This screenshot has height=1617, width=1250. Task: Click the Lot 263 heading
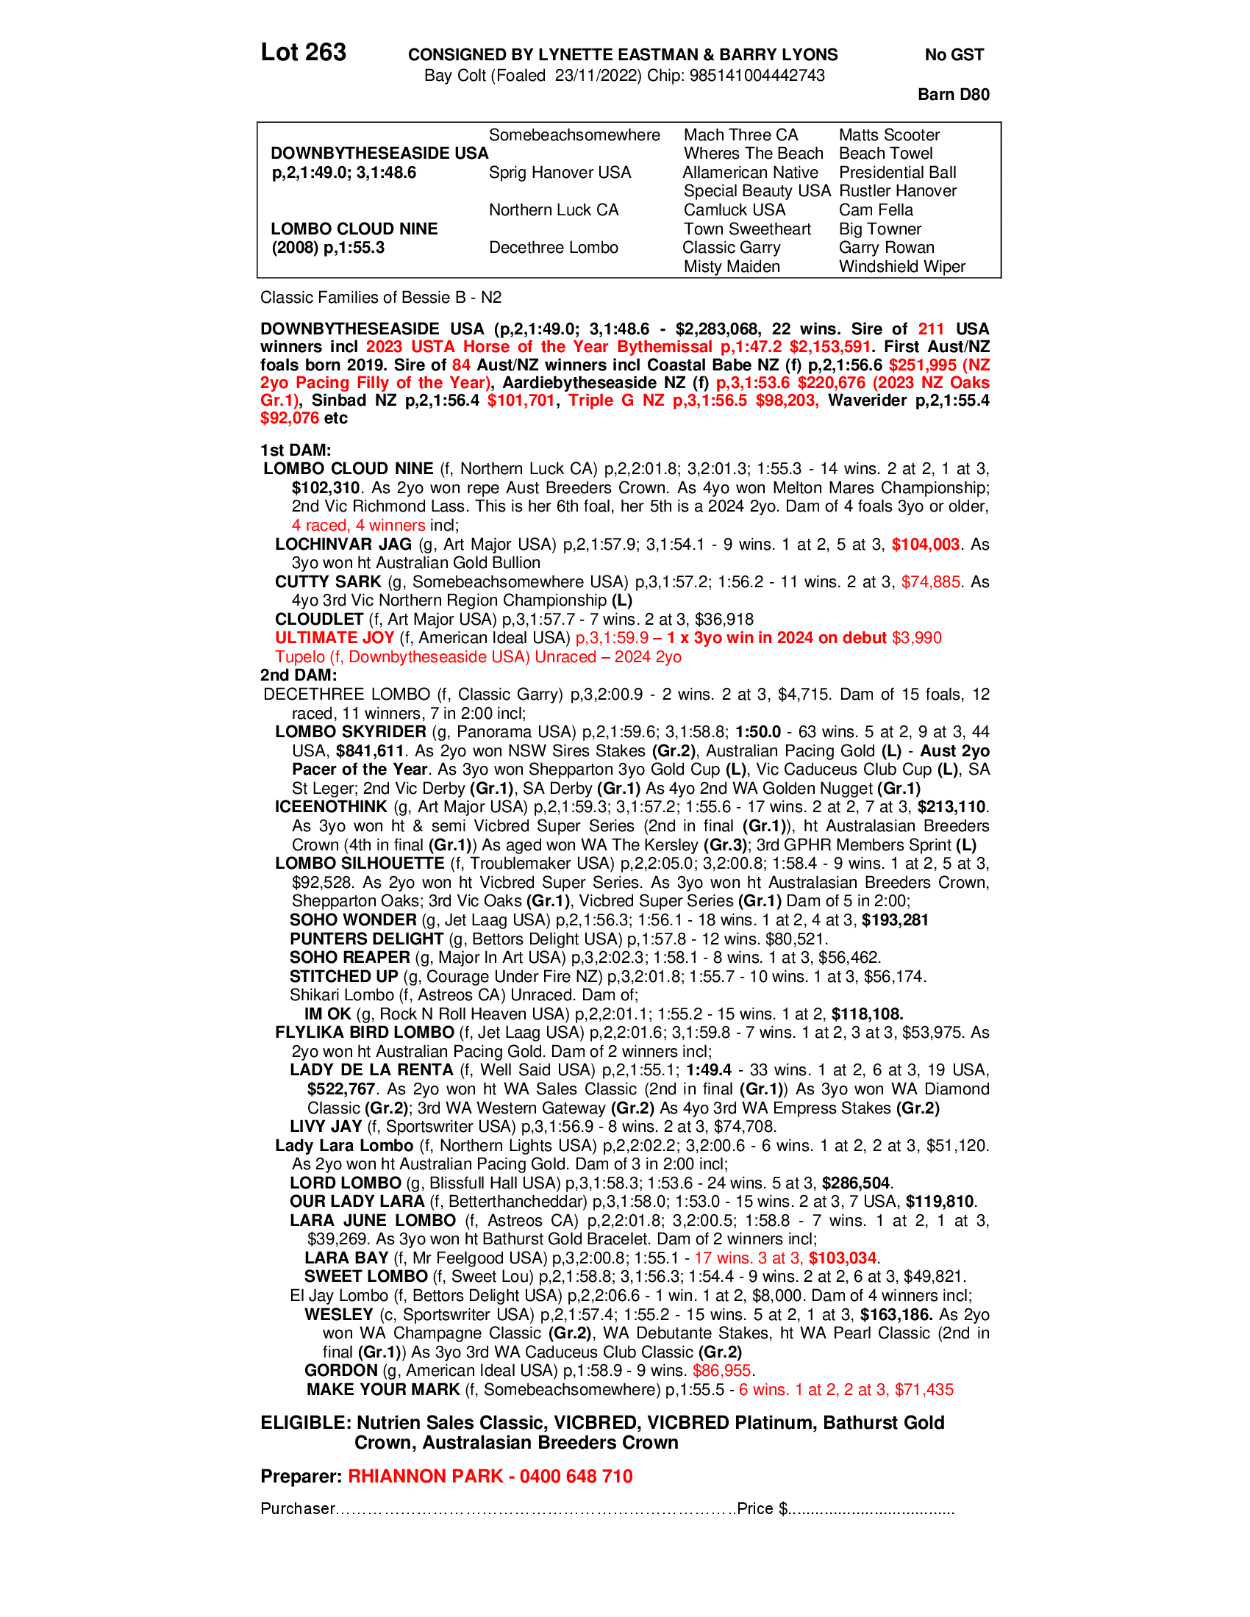pyautogui.click(x=303, y=53)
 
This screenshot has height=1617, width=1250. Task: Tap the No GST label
pyautogui.click(x=954, y=55)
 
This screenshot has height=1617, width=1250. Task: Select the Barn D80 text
pyautogui.click(x=953, y=94)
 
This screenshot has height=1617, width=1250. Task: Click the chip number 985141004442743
pyautogui.click(x=757, y=76)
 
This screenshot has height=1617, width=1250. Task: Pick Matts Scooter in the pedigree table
pyautogui.click(x=889, y=135)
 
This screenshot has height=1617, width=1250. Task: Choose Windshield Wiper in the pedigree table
pyautogui.click(x=902, y=267)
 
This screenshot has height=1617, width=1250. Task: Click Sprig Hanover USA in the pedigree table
pyautogui.click(x=560, y=173)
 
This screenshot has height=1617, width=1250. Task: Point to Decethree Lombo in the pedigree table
pyautogui.click(x=553, y=247)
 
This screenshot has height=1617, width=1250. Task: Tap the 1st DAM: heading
pyautogui.click(x=296, y=450)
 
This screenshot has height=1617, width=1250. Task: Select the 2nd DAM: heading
pyautogui.click(x=299, y=675)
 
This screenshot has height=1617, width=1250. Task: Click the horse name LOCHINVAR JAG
pyautogui.click(x=343, y=544)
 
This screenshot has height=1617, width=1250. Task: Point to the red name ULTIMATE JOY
pyautogui.click(x=335, y=637)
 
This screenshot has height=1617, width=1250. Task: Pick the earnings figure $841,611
pyautogui.click(x=371, y=750)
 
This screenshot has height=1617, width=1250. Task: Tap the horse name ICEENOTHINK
pyautogui.click(x=331, y=807)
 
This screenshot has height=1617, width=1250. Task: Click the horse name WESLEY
pyautogui.click(x=339, y=1314)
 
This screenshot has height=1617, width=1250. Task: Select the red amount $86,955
pyautogui.click(x=722, y=1371)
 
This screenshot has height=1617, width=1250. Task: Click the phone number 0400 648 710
pyautogui.click(x=576, y=1477)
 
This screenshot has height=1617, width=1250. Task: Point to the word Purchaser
pyautogui.click(x=298, y=1508)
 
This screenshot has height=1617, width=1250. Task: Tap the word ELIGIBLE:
pyautogui.click(x=305, y=1422)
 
